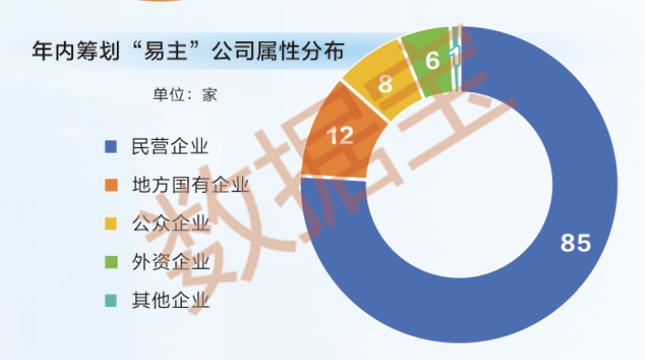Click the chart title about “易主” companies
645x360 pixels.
point(188,51)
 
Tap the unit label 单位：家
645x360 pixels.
point(185,95)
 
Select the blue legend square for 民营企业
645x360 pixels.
point(111,146)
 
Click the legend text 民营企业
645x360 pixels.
point(170,146)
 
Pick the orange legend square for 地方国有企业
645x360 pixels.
point(111,185)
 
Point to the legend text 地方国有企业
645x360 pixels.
point(190,185)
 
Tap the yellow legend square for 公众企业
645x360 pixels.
point(111,224)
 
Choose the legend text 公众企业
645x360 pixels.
point(171,224)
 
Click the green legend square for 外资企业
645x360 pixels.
point(111,262)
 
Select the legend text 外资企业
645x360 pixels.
point(171,262)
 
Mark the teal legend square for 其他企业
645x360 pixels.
point(111,301)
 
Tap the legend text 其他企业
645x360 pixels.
point(171,301)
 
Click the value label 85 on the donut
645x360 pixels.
point(576,243)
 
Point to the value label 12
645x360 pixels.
point(340,135)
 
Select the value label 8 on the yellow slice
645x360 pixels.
point(385,84)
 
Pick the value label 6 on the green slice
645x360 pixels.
point(432,61)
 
